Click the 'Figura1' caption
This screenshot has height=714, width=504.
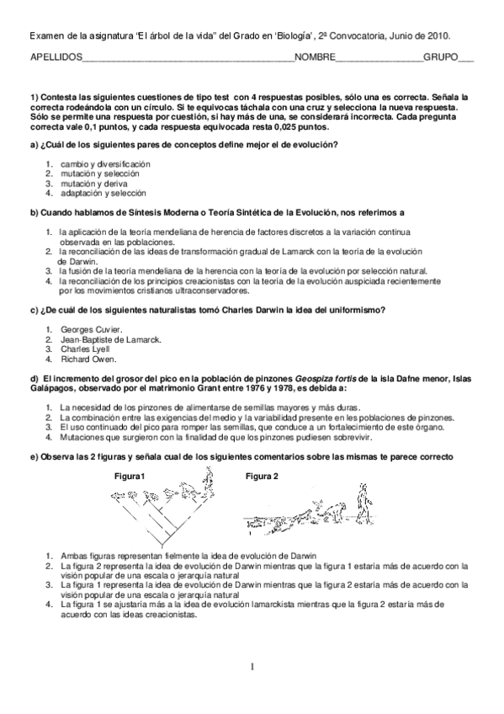pos(131,477)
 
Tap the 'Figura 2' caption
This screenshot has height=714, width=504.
pos(262,477)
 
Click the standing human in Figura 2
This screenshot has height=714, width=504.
pos(364,504)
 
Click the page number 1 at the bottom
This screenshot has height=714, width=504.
pos(251,668)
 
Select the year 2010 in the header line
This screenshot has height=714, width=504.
pos(438,36)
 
